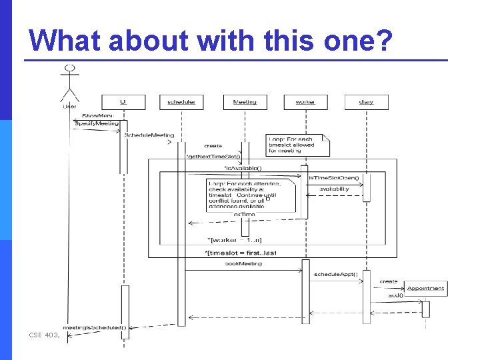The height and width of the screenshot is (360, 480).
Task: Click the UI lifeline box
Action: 123,102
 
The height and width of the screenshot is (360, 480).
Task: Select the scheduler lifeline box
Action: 181,102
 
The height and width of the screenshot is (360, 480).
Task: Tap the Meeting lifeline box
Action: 245,102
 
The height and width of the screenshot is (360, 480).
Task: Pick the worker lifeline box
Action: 305,102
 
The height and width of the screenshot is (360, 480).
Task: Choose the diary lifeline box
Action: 366,102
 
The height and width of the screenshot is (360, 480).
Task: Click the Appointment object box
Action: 425,288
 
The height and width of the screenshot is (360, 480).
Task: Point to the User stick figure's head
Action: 69,68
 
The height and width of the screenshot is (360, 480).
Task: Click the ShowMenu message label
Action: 98,116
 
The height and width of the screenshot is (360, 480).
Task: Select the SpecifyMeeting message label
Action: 96,123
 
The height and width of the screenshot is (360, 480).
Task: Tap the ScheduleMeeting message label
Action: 149,135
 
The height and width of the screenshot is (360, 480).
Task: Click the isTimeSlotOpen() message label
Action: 333,178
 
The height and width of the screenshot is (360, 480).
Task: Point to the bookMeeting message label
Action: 243,264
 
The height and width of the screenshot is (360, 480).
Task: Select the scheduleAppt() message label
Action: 336,274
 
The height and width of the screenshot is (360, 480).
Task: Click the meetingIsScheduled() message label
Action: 94,327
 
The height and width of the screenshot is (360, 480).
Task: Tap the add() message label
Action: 395,295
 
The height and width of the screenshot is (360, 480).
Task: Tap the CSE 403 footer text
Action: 45,335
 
